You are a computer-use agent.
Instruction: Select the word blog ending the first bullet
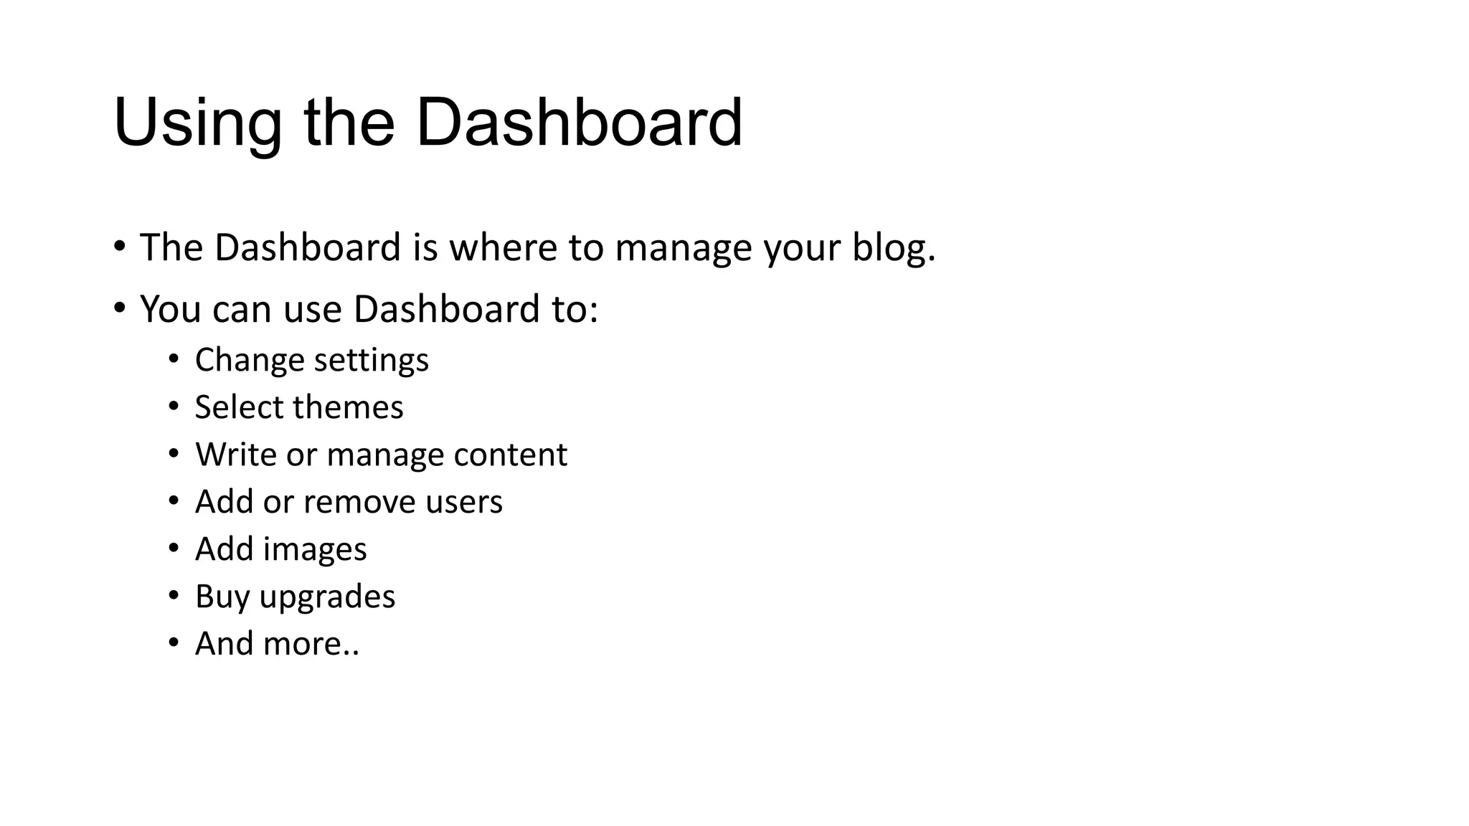point(892,249)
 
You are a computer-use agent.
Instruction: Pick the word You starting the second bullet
point(170,309)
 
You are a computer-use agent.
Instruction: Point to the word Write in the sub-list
point(235,455)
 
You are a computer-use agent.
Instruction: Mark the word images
point(315,549)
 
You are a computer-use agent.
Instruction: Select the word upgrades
point(327,597)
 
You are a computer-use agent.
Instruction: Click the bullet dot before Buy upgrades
point(174,595)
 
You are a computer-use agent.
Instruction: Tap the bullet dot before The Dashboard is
point(119,247)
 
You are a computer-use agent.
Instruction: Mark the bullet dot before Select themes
point(174,406)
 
